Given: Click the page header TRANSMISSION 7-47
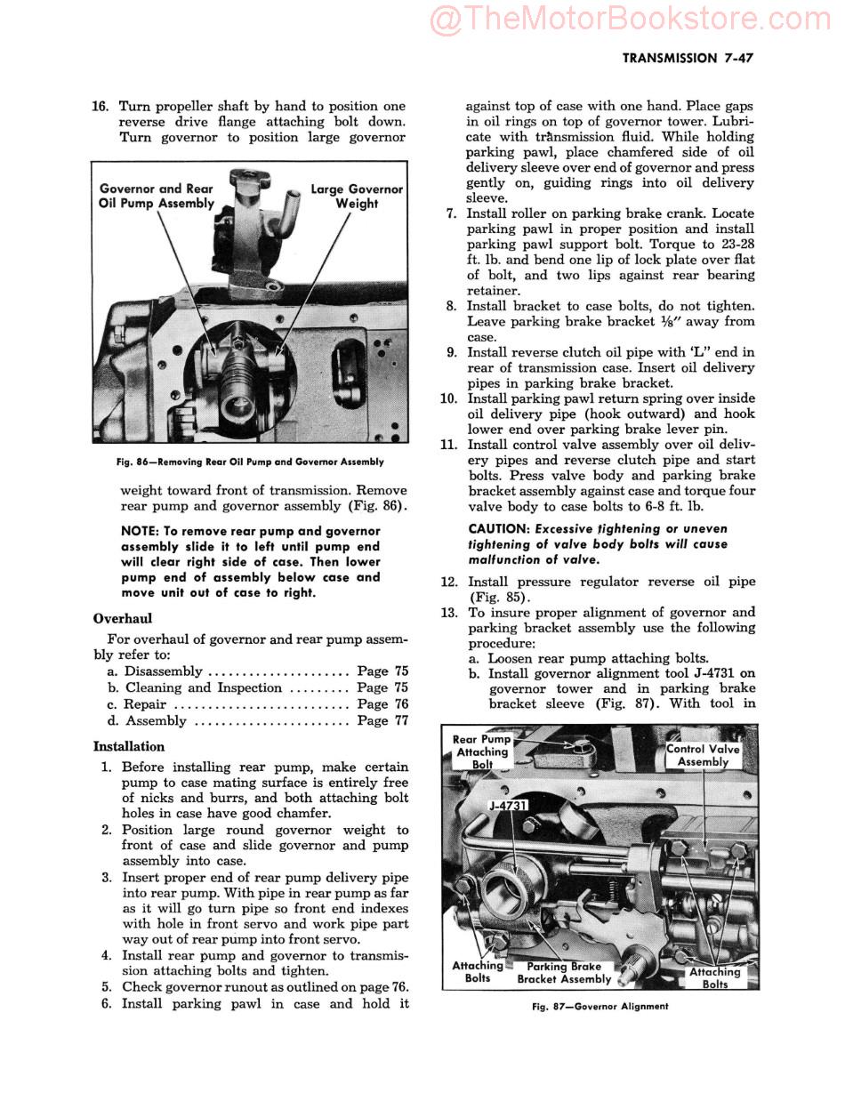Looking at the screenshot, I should (x=688, y=58).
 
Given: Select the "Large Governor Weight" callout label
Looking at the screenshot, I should (x=356, y=197).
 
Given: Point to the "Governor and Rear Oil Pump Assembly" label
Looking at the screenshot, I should (x=157, y=196).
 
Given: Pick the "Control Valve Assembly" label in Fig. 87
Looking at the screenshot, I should (x=703, y=755).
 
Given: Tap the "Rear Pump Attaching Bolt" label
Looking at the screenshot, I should (x=481, y=751).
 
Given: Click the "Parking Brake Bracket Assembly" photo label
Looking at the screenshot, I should (x=564, y=972).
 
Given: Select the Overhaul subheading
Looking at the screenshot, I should (x=122, y=618).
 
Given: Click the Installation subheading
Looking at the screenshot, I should (x=128, y=746).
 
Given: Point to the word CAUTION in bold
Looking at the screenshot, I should (x=499, y=528).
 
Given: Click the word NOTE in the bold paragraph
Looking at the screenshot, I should (x=140, y=531).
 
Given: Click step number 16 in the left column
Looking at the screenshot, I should (x=101, y=106).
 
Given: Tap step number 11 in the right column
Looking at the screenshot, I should (x=448, y=445).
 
